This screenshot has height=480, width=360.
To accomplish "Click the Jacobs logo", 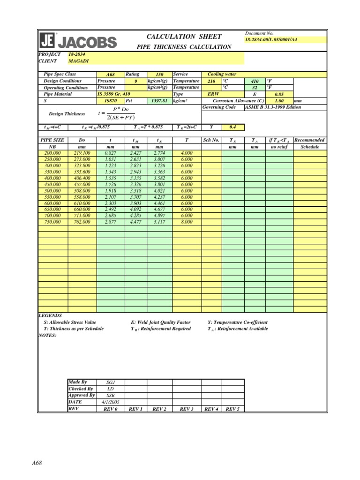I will point(78,41).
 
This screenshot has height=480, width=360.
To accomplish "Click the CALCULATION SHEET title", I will point(184,37).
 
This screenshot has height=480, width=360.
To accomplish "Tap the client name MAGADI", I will point(78,61).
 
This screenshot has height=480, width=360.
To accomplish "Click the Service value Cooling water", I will point(222,74).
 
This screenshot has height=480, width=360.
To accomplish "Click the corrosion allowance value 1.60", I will point(280,101).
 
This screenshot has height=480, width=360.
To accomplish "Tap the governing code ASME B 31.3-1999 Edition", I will point(273,107).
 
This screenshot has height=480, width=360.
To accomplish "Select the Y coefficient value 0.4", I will point(233,127).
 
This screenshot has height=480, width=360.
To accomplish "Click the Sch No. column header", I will point(211,140).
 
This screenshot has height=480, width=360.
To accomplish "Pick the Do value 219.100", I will point(82,153).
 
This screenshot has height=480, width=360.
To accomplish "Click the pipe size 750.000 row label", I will point(52,222).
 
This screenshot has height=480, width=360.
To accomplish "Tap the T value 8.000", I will point(187,222).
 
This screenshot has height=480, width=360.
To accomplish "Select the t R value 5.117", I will point(160,222).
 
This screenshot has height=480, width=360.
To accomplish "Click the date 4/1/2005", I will point(110,402).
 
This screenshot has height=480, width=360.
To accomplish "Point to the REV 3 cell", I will point(187,409).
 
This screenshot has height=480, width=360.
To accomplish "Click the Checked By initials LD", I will point(110,389).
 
